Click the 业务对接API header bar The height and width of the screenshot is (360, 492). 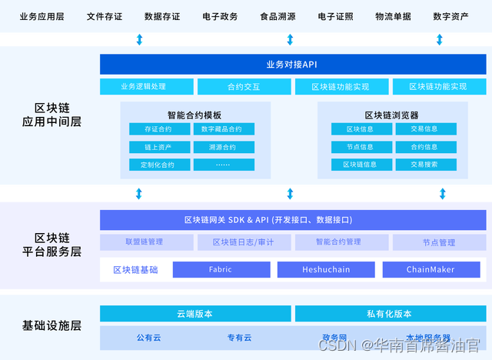tap(292, 64)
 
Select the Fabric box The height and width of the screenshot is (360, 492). tap(220, 270)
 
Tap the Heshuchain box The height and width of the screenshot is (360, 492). tap(325, 270)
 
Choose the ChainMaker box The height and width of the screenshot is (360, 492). tap(430, 270)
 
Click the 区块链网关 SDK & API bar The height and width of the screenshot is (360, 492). tap(292, 220)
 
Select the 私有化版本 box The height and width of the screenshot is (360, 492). tap(390, 314)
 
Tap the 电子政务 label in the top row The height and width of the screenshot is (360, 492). tap(220, 15)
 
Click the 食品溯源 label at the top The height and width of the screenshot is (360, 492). tap(278, 15)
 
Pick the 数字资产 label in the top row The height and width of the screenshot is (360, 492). tap(450, 15)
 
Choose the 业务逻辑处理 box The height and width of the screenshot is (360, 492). tap(144, 87)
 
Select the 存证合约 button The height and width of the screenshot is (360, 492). tap(158, 129)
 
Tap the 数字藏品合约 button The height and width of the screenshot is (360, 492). tap(223, 129)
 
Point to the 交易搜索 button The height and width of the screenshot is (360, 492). tap(424, 165)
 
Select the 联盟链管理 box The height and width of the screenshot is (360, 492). tap(144, 242)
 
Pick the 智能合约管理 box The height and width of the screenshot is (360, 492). tap(338, 242)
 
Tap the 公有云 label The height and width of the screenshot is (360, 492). tap(150, 338)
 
